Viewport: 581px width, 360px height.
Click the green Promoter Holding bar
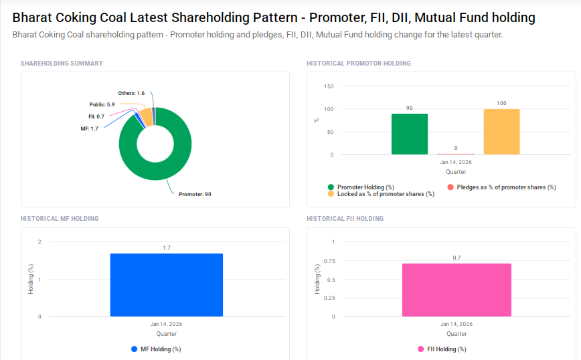(x=409, y=134)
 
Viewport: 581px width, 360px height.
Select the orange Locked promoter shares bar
(x=501, y=132)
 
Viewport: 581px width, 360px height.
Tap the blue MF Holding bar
(x=166, y=284)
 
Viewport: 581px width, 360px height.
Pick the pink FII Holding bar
(x=456, y=290)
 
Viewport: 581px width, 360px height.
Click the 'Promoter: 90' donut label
(x=195, y=194)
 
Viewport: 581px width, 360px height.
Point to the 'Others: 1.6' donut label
(x=131, y=93)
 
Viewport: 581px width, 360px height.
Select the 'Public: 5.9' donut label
(x=102, y=105)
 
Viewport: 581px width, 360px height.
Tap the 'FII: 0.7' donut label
(x=86, y=116)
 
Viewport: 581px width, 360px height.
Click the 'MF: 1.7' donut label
(x=89, y=128)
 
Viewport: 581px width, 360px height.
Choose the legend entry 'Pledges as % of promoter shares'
(x=505, y=187)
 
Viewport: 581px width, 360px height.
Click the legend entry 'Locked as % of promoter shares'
(x=385, y=194)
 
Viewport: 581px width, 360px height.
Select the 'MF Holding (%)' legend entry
(x=160, y=349)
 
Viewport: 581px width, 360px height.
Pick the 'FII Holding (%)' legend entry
(x=446, y=349)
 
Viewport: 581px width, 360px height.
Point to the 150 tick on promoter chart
(x=328, y=86)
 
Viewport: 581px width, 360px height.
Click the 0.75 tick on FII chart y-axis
(x=329, y=260)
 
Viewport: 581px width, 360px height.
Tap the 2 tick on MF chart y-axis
(x=39, y=242)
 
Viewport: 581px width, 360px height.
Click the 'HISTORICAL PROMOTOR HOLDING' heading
(x=358, y=64)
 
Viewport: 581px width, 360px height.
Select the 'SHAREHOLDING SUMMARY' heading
(x=62, y=64)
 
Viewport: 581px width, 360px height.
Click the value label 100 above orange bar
(x=501, y=104)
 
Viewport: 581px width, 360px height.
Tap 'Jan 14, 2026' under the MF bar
(x=166, y=324)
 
